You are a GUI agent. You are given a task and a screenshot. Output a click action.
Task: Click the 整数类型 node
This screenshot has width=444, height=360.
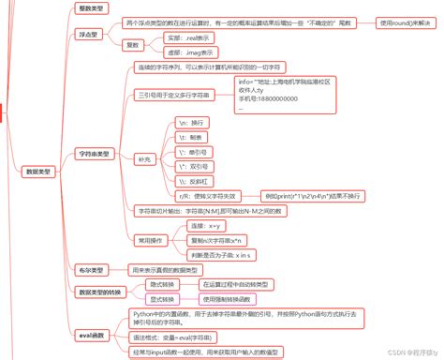[x=91, y=8]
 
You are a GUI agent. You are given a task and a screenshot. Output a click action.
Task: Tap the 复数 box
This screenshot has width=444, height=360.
[x=134, y=44]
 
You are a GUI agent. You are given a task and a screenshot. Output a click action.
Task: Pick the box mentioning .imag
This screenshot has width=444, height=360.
[x=186, y=52]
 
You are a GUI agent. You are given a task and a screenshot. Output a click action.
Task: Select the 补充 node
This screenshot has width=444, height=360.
[x=142, y=157]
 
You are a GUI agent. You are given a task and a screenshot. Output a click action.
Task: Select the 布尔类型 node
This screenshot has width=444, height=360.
[x=90, y=269]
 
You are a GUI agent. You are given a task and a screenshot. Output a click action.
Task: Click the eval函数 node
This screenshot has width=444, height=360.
[x=93, y=334]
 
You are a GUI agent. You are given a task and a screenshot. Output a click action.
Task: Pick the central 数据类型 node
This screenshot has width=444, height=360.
[x=39, y=172]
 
